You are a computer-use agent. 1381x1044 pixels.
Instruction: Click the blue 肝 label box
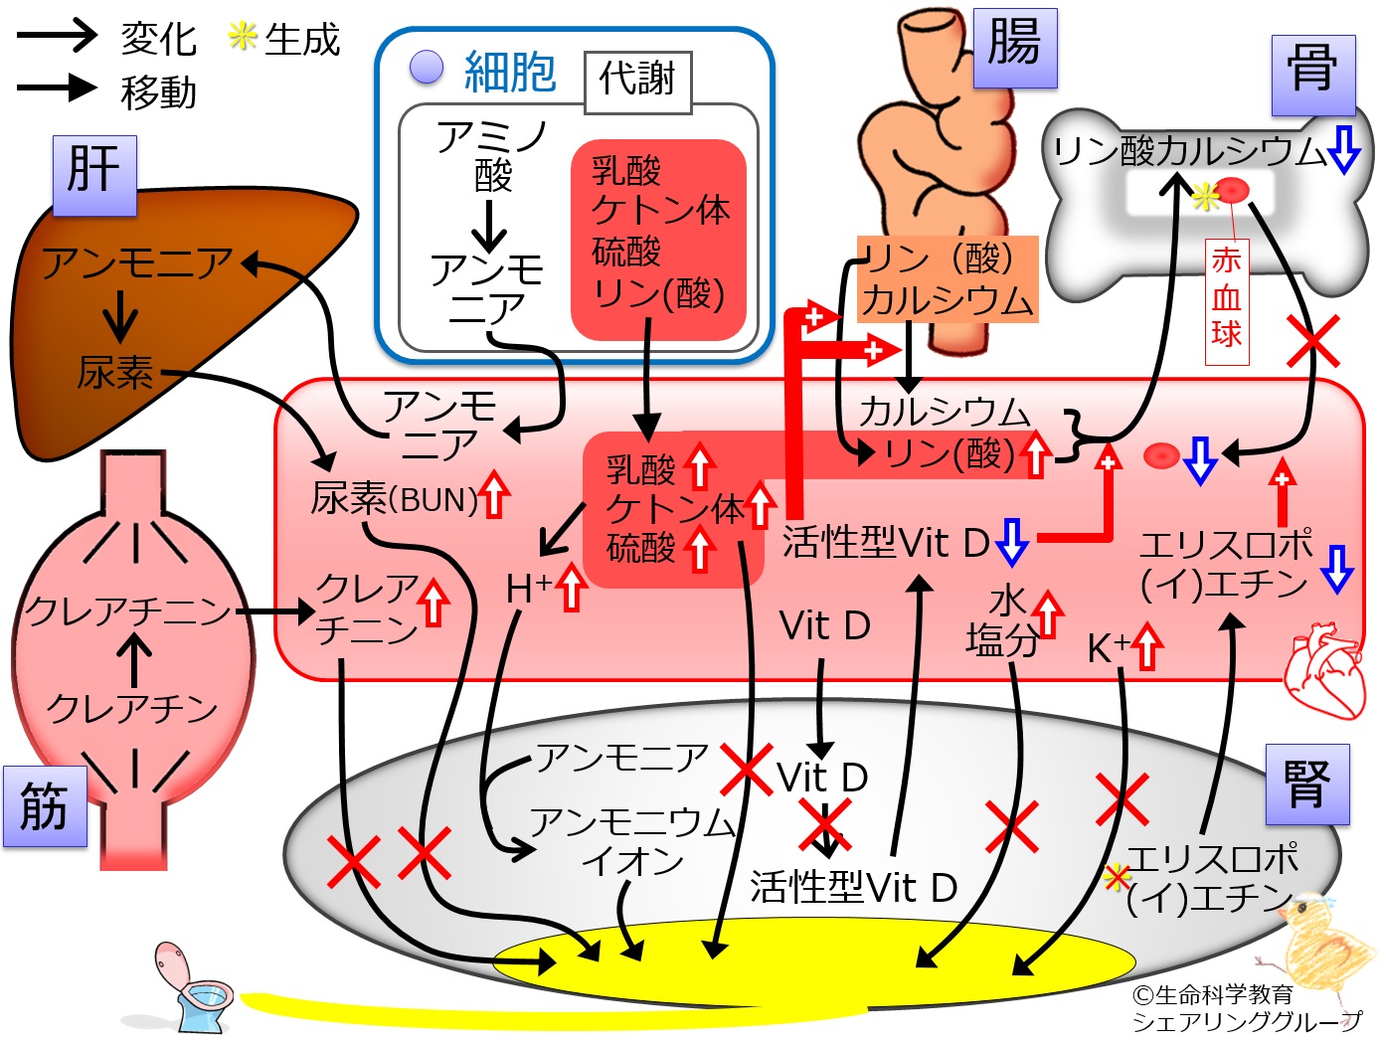95,175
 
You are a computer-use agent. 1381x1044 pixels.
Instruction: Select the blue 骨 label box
1313,76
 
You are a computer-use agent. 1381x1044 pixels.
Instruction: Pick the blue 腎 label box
1307,783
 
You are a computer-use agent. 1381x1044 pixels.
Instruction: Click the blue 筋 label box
45,806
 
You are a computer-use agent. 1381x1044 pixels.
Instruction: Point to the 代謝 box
638,83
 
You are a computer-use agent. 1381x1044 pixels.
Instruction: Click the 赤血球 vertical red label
1227,301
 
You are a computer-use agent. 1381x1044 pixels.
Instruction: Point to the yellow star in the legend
243,37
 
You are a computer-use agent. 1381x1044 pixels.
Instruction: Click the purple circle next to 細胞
426,67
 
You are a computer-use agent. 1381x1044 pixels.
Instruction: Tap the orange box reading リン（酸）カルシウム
948,279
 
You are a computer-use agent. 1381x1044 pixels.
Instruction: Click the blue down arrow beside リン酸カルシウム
1344,150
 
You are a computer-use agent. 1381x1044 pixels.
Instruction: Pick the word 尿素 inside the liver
115,373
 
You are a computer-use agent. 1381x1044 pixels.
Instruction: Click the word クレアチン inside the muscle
132,708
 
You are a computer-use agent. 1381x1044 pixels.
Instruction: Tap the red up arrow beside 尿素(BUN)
494,495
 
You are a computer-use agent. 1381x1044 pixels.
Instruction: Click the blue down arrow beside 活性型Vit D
1012,541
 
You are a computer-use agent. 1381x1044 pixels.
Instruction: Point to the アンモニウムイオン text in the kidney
632,841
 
